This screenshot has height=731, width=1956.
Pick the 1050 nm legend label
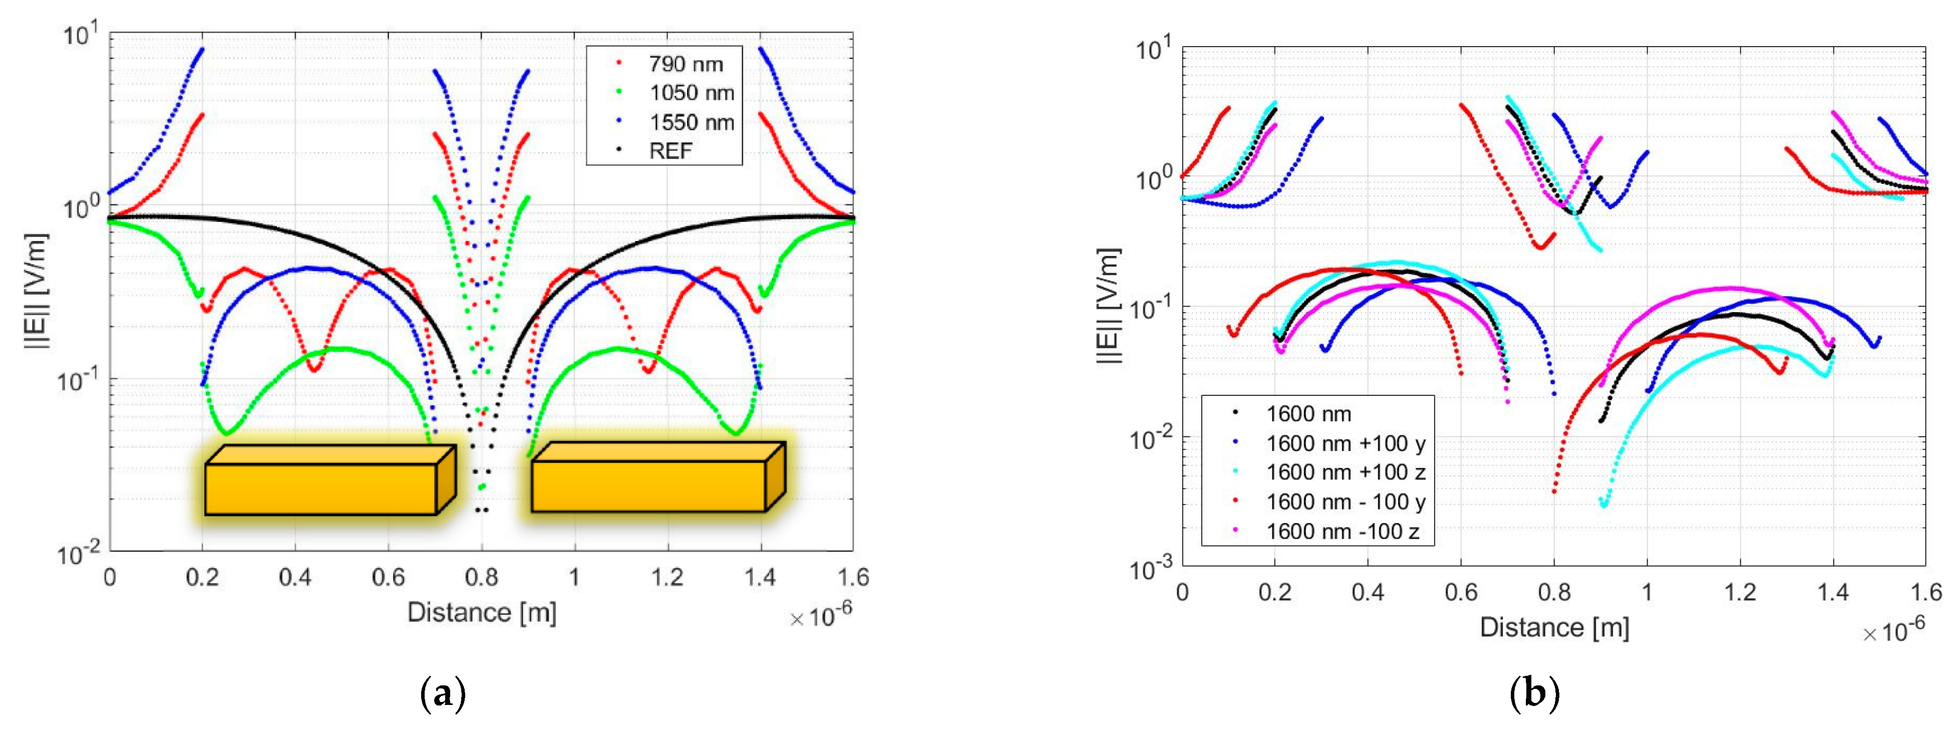click(x=691, y=93)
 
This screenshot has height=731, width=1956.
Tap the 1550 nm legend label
click(x=691, y=122)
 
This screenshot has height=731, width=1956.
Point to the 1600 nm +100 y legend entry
click(x=1345, y=443)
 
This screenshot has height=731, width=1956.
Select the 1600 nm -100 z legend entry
click(x=1342, y=531)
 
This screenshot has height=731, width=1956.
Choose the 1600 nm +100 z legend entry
click(x=1345, y=472)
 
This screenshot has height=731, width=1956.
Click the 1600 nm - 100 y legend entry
click(x=1345, y=502)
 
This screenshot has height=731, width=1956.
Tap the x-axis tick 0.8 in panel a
click(x=481, y=578)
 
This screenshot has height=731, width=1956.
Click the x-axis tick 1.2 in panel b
click(x=1740, y=592)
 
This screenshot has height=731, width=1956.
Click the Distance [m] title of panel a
click(x=481, y=612)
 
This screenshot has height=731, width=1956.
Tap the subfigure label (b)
click(x=1534, y=694)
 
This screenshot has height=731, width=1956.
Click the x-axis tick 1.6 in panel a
click(x=853, y=578)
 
